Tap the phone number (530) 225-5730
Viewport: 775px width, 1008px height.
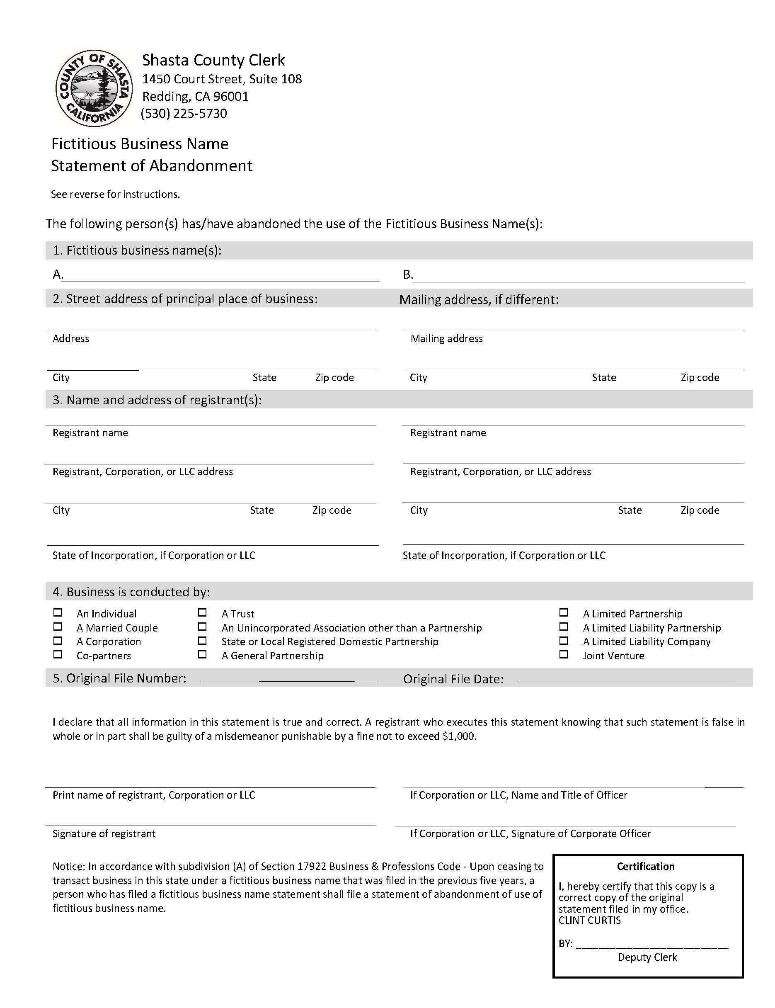184,114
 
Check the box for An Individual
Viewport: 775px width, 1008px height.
58,612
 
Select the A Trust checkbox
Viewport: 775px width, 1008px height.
202,612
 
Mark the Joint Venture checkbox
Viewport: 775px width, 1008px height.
563,654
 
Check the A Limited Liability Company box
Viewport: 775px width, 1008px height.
563,640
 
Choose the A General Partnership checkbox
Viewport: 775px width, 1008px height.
202,654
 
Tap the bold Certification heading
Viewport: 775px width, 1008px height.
645,866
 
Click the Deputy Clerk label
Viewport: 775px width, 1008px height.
647,957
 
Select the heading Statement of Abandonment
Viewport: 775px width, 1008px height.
152,166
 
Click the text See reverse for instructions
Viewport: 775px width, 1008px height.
115,194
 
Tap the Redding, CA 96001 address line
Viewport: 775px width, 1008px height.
196,97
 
